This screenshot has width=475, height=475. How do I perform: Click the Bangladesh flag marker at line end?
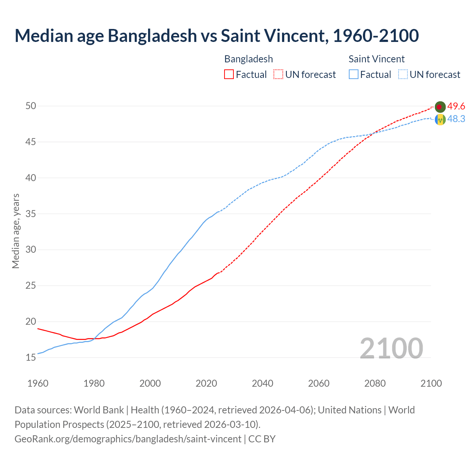point(440,107)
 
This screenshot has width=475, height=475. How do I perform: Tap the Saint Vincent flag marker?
point(440,119)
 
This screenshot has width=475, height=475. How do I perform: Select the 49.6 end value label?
point(456,107)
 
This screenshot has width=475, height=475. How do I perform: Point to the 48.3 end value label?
point(456,119)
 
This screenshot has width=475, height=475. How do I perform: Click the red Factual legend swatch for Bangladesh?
point(229,75)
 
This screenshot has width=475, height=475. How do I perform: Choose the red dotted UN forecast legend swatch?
point(278,75)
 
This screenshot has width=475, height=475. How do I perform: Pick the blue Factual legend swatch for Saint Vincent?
point(354,75)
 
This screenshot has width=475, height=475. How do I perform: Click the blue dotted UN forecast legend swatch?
point(403,75)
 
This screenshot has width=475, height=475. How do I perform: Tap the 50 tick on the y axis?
point(31,106)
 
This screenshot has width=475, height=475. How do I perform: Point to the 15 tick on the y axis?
point(31,358)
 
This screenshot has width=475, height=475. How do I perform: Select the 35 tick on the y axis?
point(31,214)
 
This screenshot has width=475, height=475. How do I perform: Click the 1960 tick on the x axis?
point(38,383)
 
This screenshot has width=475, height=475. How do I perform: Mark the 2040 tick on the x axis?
point(262,383)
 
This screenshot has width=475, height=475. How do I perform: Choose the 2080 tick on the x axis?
point(375,383)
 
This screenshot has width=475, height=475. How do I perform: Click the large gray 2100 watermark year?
point(391,348)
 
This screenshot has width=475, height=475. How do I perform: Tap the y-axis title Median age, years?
point(16,231)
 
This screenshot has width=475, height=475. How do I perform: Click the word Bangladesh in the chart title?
point(152,36)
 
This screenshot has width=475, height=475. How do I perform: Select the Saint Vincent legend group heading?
point(376,59)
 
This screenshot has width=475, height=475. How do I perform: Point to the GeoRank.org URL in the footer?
point(128,439)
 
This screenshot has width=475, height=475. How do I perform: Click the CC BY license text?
point(262,439)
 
